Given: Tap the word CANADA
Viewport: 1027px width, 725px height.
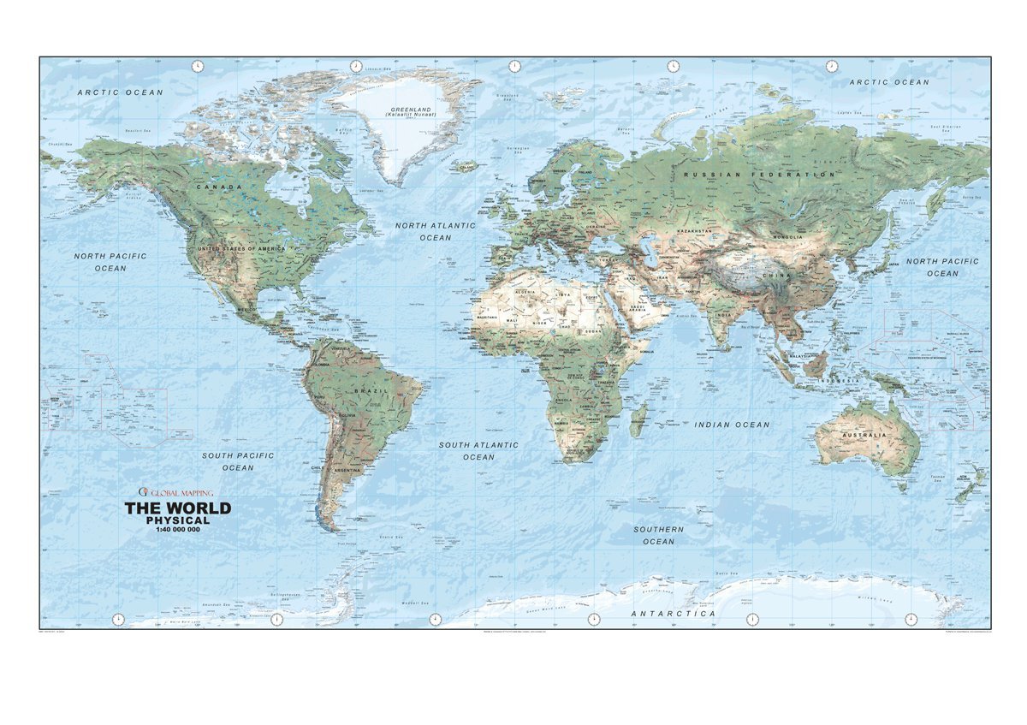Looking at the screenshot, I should [219, 187].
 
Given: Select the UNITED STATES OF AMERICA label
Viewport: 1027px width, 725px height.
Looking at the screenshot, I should [241, 248].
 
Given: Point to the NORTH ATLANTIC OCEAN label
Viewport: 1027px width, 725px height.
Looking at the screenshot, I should [435, 231].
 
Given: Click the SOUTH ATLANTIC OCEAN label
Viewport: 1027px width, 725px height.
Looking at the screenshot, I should [478, 451].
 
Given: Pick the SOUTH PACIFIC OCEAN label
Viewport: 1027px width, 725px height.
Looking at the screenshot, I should [238, 461].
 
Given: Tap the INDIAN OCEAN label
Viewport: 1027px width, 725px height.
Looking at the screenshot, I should [732, 425].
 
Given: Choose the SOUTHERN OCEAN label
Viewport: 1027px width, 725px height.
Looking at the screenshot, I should [658, 535].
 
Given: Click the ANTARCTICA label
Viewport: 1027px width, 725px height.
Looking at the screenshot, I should [673, 614].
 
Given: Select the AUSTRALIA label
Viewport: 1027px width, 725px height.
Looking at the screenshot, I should [864, 436].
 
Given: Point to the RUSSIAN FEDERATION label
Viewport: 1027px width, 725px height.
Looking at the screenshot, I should [759, 175].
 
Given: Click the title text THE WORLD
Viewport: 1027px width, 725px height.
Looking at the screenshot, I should [178, 508].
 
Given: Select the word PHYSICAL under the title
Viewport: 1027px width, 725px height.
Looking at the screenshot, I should [178, 520].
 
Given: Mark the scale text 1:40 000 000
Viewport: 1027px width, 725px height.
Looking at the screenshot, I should [178, 531].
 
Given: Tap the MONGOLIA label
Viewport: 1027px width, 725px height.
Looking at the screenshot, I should [788, 237].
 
